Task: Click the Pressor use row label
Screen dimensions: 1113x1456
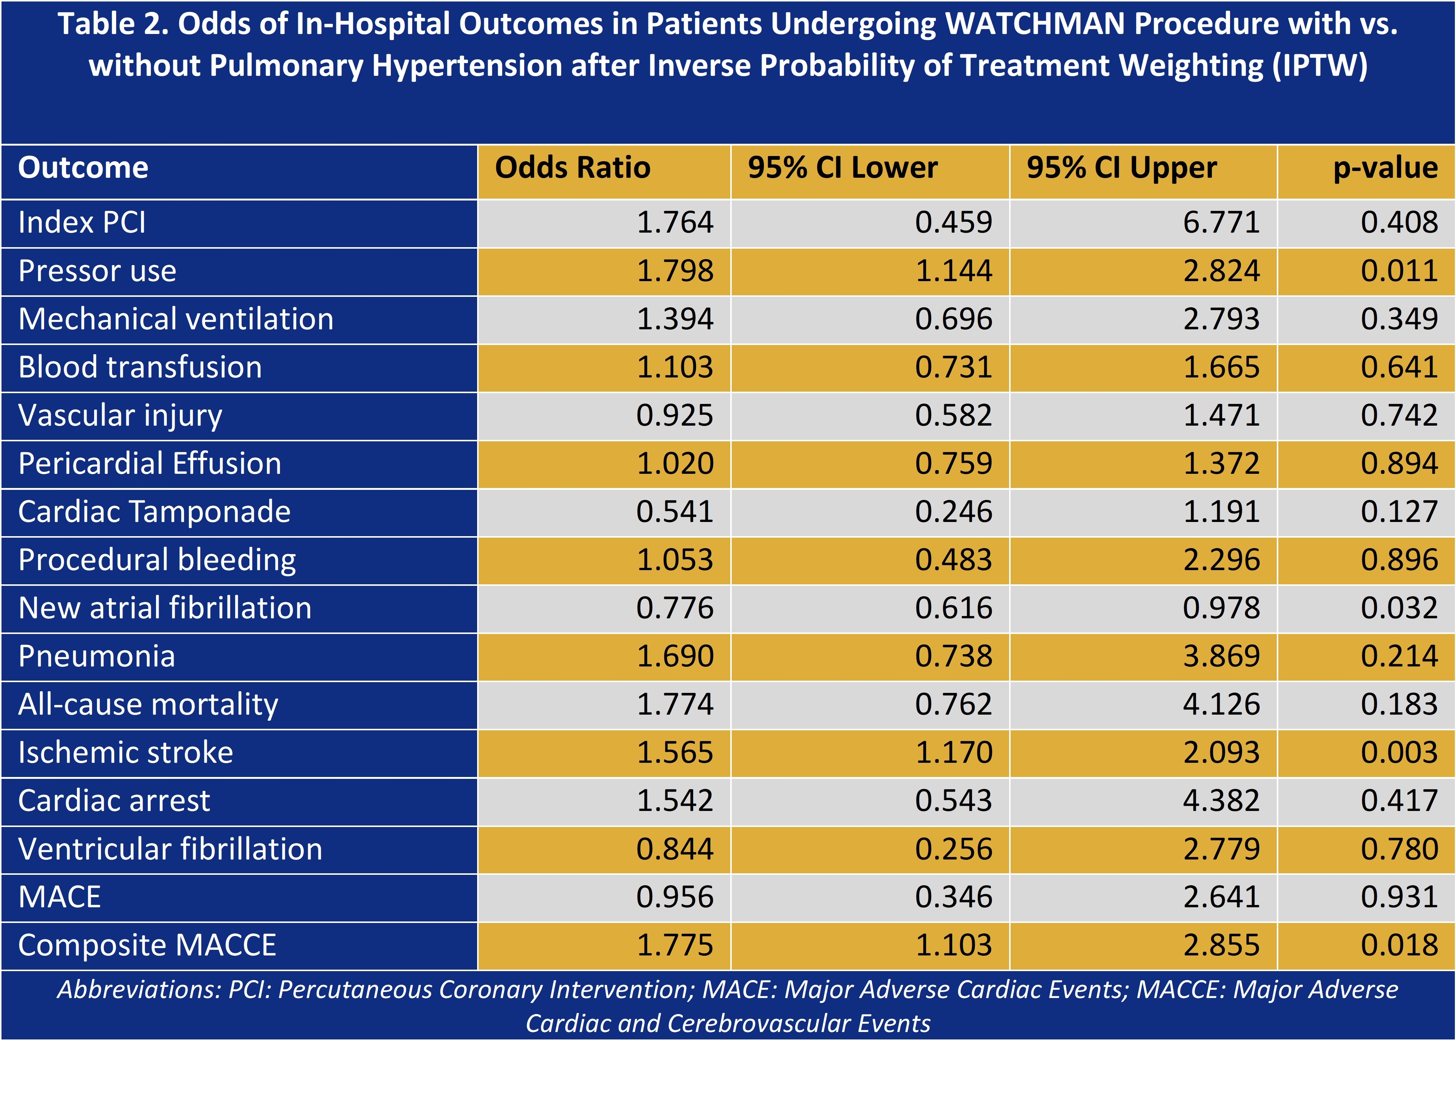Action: pos(97,271)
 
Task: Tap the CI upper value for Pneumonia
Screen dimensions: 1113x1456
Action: pos(1221,656)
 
